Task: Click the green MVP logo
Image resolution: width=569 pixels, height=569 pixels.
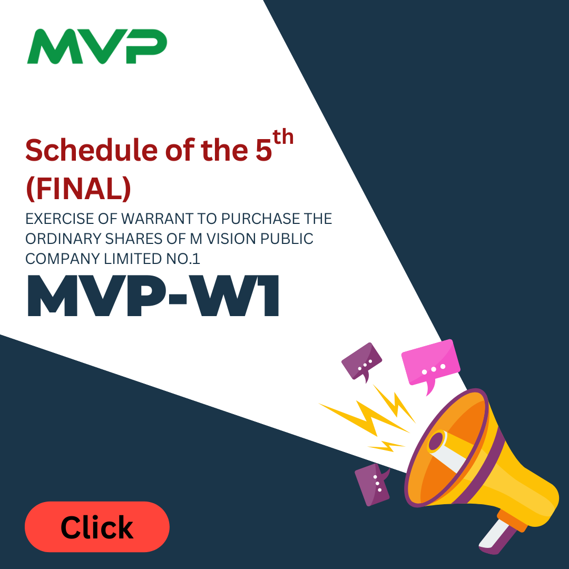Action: pos(97,46)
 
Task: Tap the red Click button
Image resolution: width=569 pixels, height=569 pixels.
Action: pos(97,526)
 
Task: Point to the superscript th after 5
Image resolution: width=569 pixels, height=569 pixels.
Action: pos(283,137)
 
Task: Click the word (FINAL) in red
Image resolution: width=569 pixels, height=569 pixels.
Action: pos(79,189)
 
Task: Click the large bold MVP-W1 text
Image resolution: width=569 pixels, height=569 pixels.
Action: pos(153,296)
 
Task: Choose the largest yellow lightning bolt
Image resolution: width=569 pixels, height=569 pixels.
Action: pos(365,417)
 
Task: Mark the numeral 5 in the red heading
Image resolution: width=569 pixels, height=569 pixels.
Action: pos(264,150)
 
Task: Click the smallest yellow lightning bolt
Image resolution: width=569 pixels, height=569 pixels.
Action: pos(386,446)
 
